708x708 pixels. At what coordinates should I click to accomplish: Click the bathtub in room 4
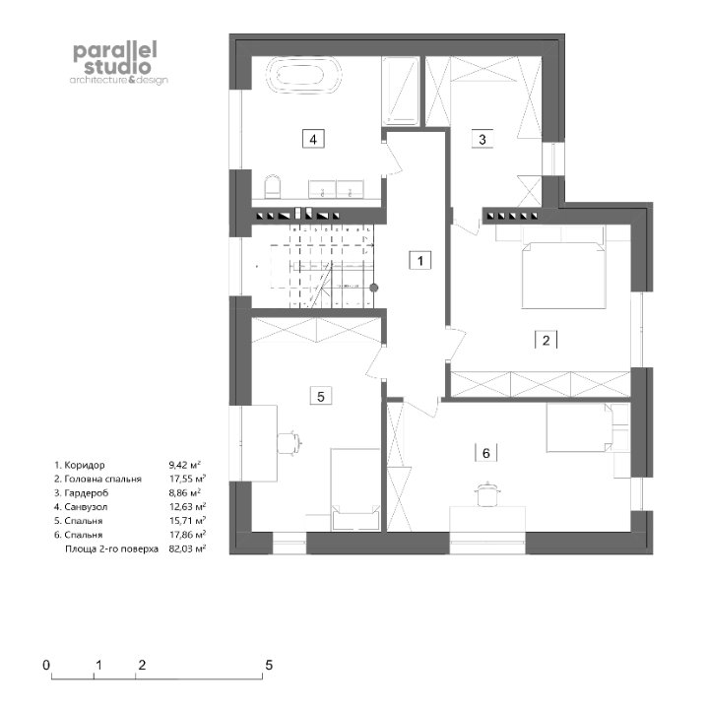(304, 76)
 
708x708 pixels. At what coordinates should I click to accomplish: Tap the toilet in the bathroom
(273, 187)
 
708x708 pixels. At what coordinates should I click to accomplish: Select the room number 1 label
(419, 261)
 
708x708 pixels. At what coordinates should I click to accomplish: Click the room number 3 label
(482, 139)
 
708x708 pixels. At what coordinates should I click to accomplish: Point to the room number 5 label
(321, 397)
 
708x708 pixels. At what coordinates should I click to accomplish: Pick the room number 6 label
(485, 452)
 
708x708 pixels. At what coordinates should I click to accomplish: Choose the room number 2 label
(546, 340)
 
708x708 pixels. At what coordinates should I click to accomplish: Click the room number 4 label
(313, 139)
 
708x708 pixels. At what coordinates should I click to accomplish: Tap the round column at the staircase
(373, 288)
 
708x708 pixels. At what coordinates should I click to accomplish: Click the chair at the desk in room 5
(289, 442)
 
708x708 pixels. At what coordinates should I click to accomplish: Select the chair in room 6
(486, 494)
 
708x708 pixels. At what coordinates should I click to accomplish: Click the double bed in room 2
(563, 275)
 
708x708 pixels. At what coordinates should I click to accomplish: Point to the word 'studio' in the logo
(117, 67)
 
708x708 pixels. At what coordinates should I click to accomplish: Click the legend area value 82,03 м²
(187, 548)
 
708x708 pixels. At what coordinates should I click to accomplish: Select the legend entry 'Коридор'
(85, 465)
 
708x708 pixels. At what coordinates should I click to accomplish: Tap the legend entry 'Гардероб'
(87, 493)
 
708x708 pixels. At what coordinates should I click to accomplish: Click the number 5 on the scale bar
(269, 665)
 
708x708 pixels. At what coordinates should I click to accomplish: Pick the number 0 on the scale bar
(46, 665)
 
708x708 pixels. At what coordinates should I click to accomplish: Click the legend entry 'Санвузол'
(86, 507)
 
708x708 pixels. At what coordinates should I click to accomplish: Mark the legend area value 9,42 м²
(185, 465)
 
